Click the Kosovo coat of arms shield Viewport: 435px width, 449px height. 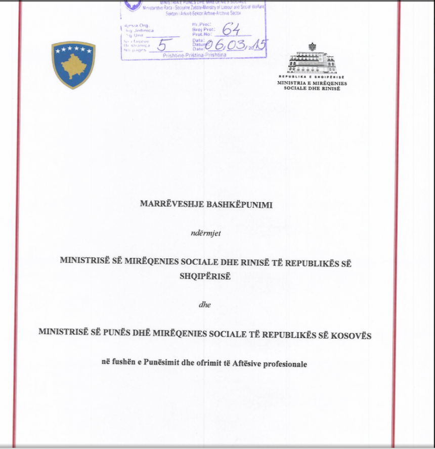73,65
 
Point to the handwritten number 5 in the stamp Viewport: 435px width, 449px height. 162,44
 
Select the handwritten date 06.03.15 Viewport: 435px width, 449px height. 236,46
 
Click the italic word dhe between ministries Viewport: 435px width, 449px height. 204,305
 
